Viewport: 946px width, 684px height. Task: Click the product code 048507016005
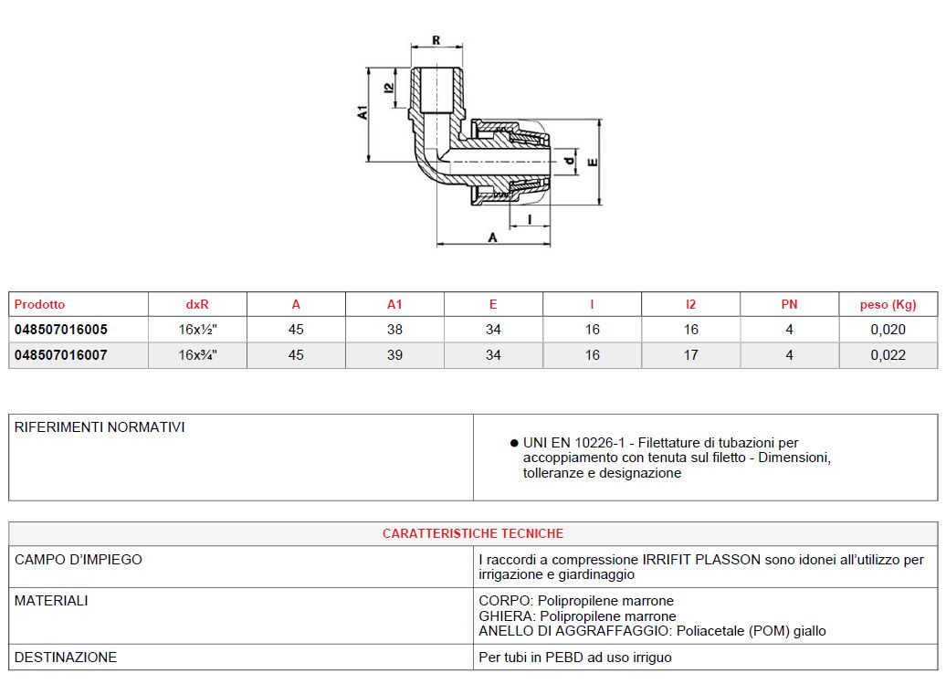click(60, 330)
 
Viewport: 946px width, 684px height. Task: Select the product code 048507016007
click(60, 355)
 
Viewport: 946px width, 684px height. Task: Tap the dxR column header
click(197, 305)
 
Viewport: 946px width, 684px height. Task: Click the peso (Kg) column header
click(888, 305)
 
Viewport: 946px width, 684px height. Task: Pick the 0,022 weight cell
click(888, 355)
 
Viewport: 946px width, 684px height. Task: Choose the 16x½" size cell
click(197, 330)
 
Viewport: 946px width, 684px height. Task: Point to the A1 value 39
click(394, 355)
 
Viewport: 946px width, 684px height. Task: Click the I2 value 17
click(690, 355)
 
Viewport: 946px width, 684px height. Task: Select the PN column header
click(789, 305)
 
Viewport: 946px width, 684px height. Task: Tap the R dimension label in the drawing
click(436, 40)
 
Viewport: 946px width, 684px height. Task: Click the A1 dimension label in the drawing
click(363, 112)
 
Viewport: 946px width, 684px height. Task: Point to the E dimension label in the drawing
click(593, 163)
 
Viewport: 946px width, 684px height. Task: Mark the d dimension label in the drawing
click(568, 162)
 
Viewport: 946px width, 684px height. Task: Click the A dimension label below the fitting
click(493, 237)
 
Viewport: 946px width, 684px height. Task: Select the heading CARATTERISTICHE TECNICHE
click(473, 533)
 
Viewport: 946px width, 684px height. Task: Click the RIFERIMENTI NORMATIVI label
click(100, 427)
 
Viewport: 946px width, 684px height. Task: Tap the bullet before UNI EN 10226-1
click(514, 443)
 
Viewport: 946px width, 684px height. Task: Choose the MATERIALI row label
click(51, 601)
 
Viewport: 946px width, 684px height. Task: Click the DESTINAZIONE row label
click(66, 657)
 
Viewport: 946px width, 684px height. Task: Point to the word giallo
click(808, 631)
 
